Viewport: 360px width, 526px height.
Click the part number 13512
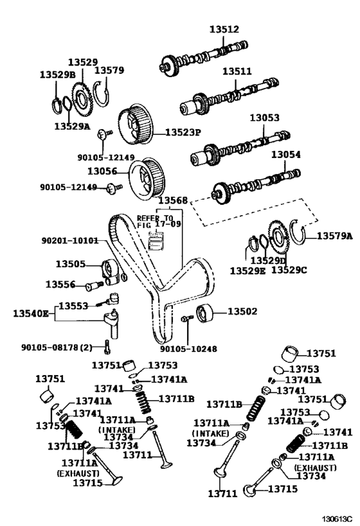(x=224, y=29)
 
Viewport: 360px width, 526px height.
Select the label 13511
(x=237, y=72)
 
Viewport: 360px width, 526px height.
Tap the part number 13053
(x=264, y=118)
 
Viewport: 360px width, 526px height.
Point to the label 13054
(x=285, y=155)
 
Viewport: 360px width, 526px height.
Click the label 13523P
(x=183, y=132)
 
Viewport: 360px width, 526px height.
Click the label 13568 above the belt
(x=174, y=200)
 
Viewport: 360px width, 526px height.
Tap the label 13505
(x=70, y=263)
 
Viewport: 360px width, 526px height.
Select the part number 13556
(x=60, y=284)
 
